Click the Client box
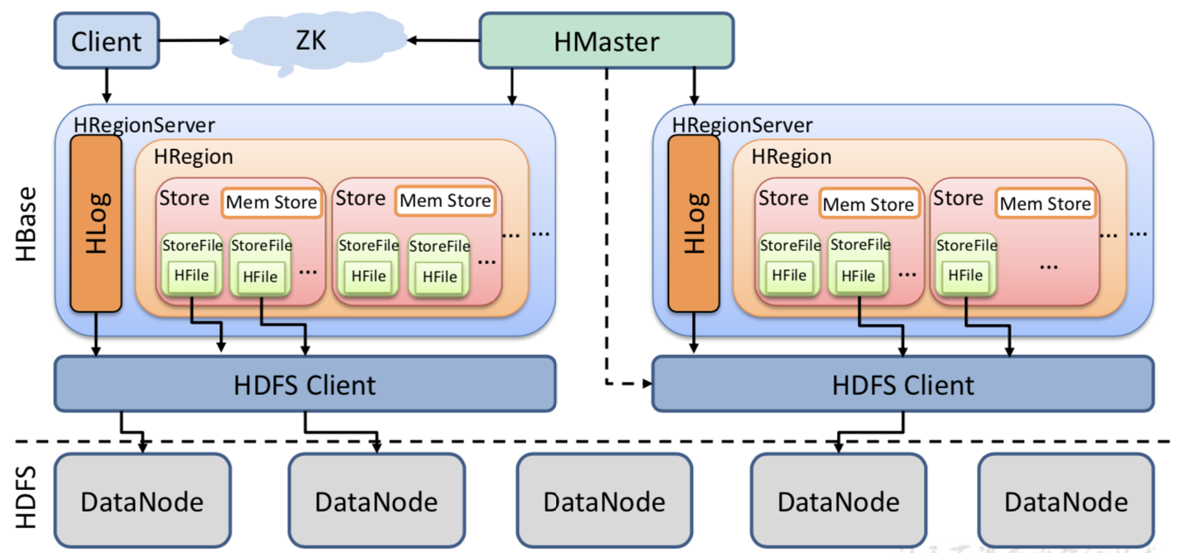106,41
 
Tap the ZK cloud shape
311,41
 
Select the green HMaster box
606,41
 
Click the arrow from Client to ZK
194,40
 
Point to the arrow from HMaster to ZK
444,40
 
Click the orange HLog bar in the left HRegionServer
96,224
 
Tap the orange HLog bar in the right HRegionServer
694,224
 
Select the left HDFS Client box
305,384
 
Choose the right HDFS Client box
902,384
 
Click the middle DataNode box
604,501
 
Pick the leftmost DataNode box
142,501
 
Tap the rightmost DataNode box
1065,501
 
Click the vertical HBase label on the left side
26,224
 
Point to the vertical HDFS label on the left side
26,496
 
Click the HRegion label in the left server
194,157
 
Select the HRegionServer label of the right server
742,126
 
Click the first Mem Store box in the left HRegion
272,202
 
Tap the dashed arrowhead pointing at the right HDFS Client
646,384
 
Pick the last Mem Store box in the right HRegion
1045,204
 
